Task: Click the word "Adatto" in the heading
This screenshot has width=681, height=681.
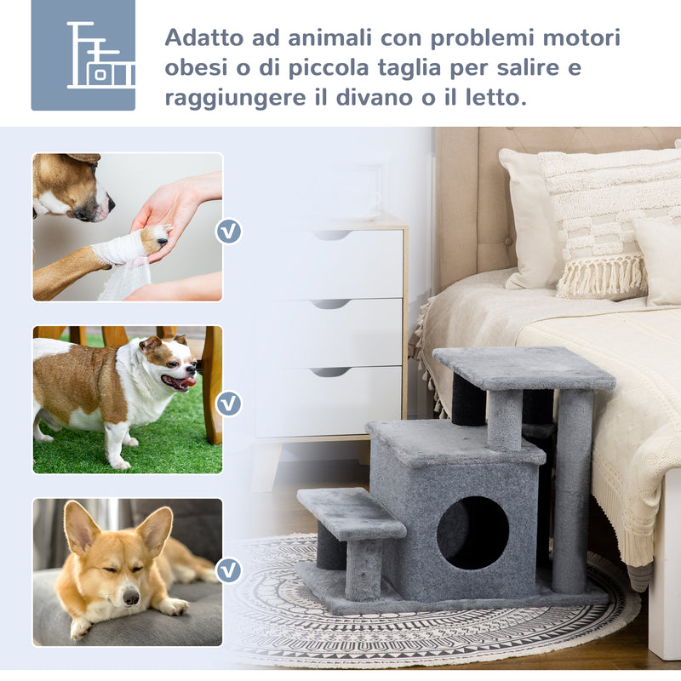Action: [x=200, y=39]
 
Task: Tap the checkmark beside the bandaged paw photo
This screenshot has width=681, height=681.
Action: [x=228, y=231]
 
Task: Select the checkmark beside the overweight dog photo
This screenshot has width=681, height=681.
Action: [x=228, y=403]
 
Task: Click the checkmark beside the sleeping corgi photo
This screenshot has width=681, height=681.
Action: [x=228, y=569]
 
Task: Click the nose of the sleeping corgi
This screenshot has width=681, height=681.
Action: [x=130, y=598]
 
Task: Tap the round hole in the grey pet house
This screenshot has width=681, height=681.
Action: [x=472, y=532]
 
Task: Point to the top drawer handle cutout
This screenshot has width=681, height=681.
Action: [x=331, y=235]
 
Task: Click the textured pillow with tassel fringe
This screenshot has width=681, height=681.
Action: [x=600, y=221]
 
